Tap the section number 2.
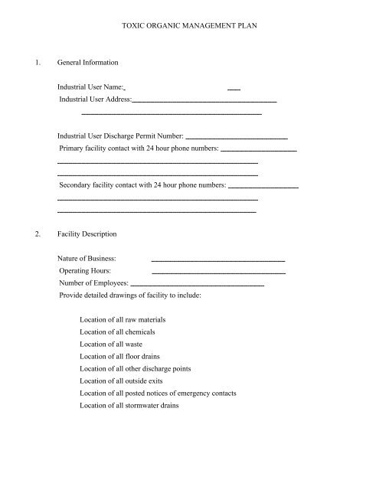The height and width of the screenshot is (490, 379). [x=28, y=233]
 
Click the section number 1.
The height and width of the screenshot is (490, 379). [x=28, y=62]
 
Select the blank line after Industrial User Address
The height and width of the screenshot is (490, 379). [x=204, y=101]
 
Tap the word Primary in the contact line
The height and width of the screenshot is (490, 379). [x=74, y=148]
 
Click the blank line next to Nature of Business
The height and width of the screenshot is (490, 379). [x=218, y=260]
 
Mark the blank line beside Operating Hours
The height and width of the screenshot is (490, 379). [x=218, y=272]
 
